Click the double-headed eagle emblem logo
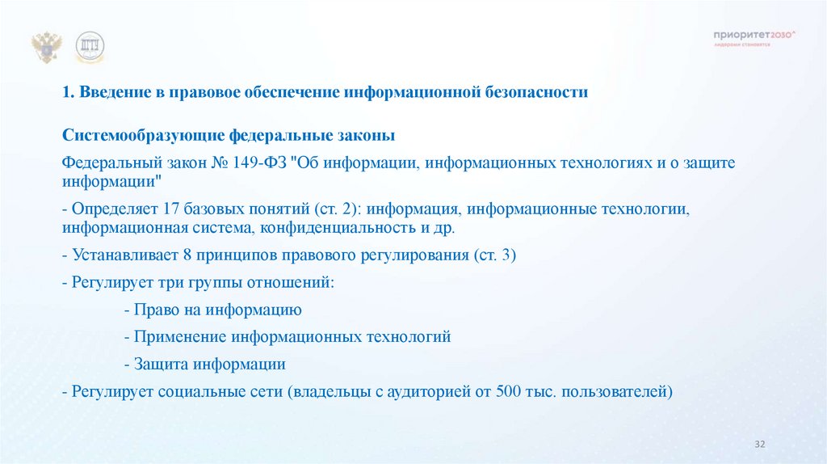tap(48, 48)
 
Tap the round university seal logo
tap(90, 48)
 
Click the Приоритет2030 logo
tap(754, 36)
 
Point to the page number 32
tap(759, 445)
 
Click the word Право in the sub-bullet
tap(153, 310)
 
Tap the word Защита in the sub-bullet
tap(158, 364)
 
